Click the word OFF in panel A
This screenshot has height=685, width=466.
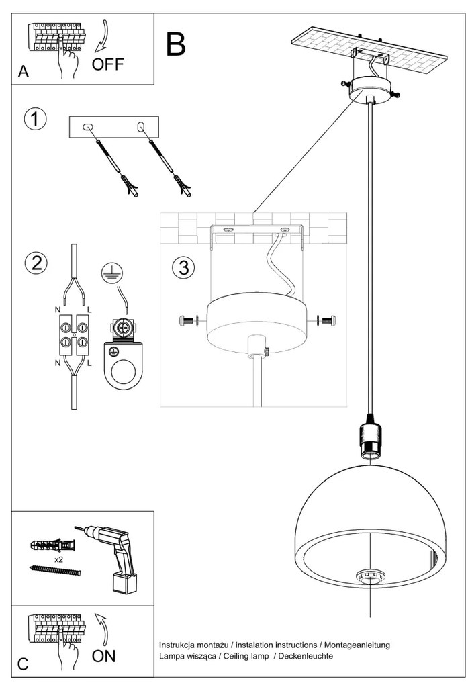[108, 65]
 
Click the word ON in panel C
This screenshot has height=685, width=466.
[104, 656]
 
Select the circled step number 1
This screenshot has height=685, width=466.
[35, 119]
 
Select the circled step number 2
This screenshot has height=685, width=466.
[35, 263]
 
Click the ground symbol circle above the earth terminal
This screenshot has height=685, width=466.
[111, 272]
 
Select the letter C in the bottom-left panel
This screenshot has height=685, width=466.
[24, 664]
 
